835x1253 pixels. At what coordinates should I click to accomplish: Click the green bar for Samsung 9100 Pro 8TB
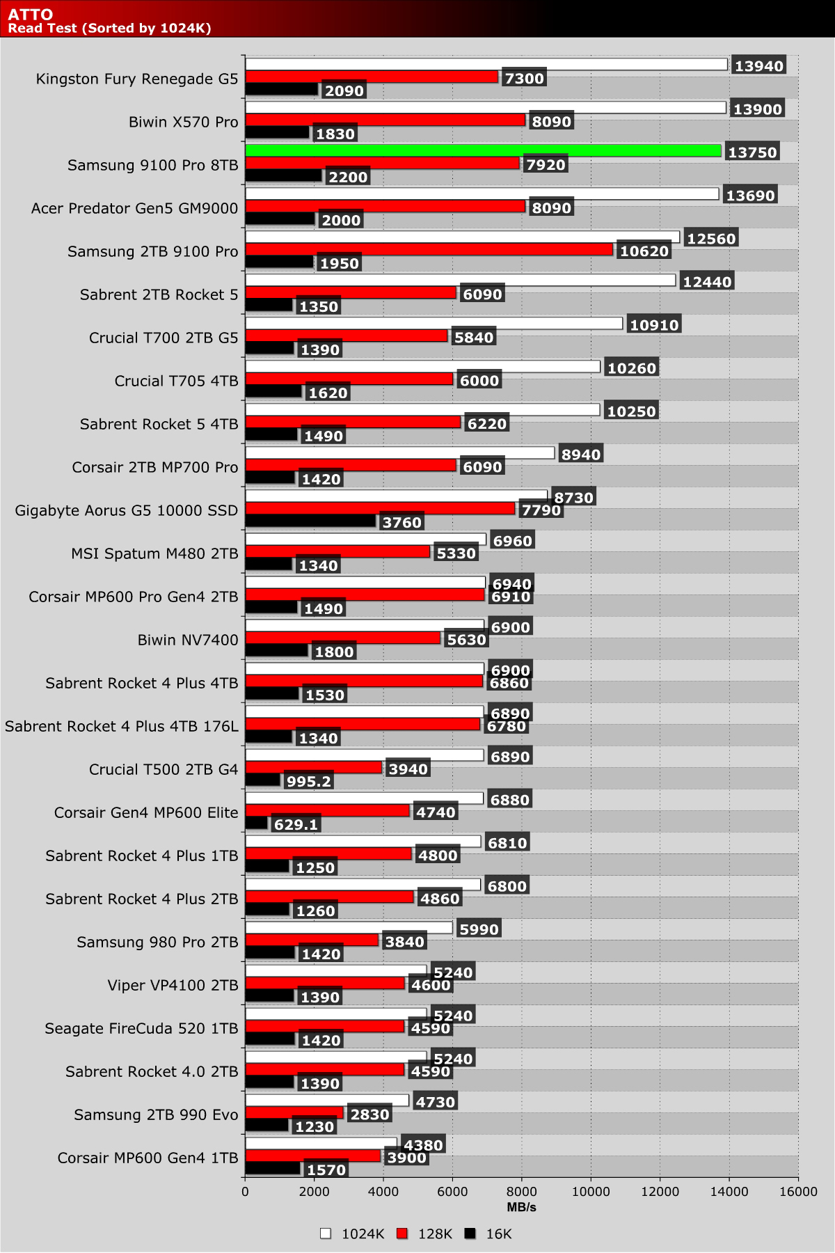[x=483, y=150]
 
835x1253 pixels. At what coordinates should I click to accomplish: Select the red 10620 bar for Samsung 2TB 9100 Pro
[x=429, y=249]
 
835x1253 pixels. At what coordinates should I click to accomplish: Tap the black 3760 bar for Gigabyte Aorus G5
[x=310, y=521]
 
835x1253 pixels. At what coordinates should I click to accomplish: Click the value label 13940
[x=759, y=66]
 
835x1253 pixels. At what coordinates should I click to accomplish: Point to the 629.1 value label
[x=296, y=825]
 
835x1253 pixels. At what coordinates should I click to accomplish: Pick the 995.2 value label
[x=308, y=782]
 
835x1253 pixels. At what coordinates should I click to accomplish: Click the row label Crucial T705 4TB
[x=176, y=381]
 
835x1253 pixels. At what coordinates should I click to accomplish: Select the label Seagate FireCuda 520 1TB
[x=141, y=1028]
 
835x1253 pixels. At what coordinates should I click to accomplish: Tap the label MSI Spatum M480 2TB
[x=154, y=553]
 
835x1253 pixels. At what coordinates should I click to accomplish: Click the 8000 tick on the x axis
[x=522, y=1192]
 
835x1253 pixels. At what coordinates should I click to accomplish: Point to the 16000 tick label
[x=798, y=1192]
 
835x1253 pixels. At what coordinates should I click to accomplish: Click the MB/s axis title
[x=521, y=1207]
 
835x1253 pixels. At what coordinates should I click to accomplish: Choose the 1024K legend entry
[x=353, y=1234]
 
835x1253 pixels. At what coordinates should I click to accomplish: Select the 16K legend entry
[x=489, y=1234]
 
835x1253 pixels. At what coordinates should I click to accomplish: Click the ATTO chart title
[x=31, y=15]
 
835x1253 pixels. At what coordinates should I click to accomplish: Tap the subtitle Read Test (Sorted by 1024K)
[x=109, y=29]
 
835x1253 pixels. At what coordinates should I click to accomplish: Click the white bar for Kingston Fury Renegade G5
[x=486, y=65]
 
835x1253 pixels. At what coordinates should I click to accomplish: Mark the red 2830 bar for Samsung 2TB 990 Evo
[x=294, y=1112]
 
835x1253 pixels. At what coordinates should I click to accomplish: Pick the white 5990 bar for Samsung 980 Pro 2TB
[x=349, y=928]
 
